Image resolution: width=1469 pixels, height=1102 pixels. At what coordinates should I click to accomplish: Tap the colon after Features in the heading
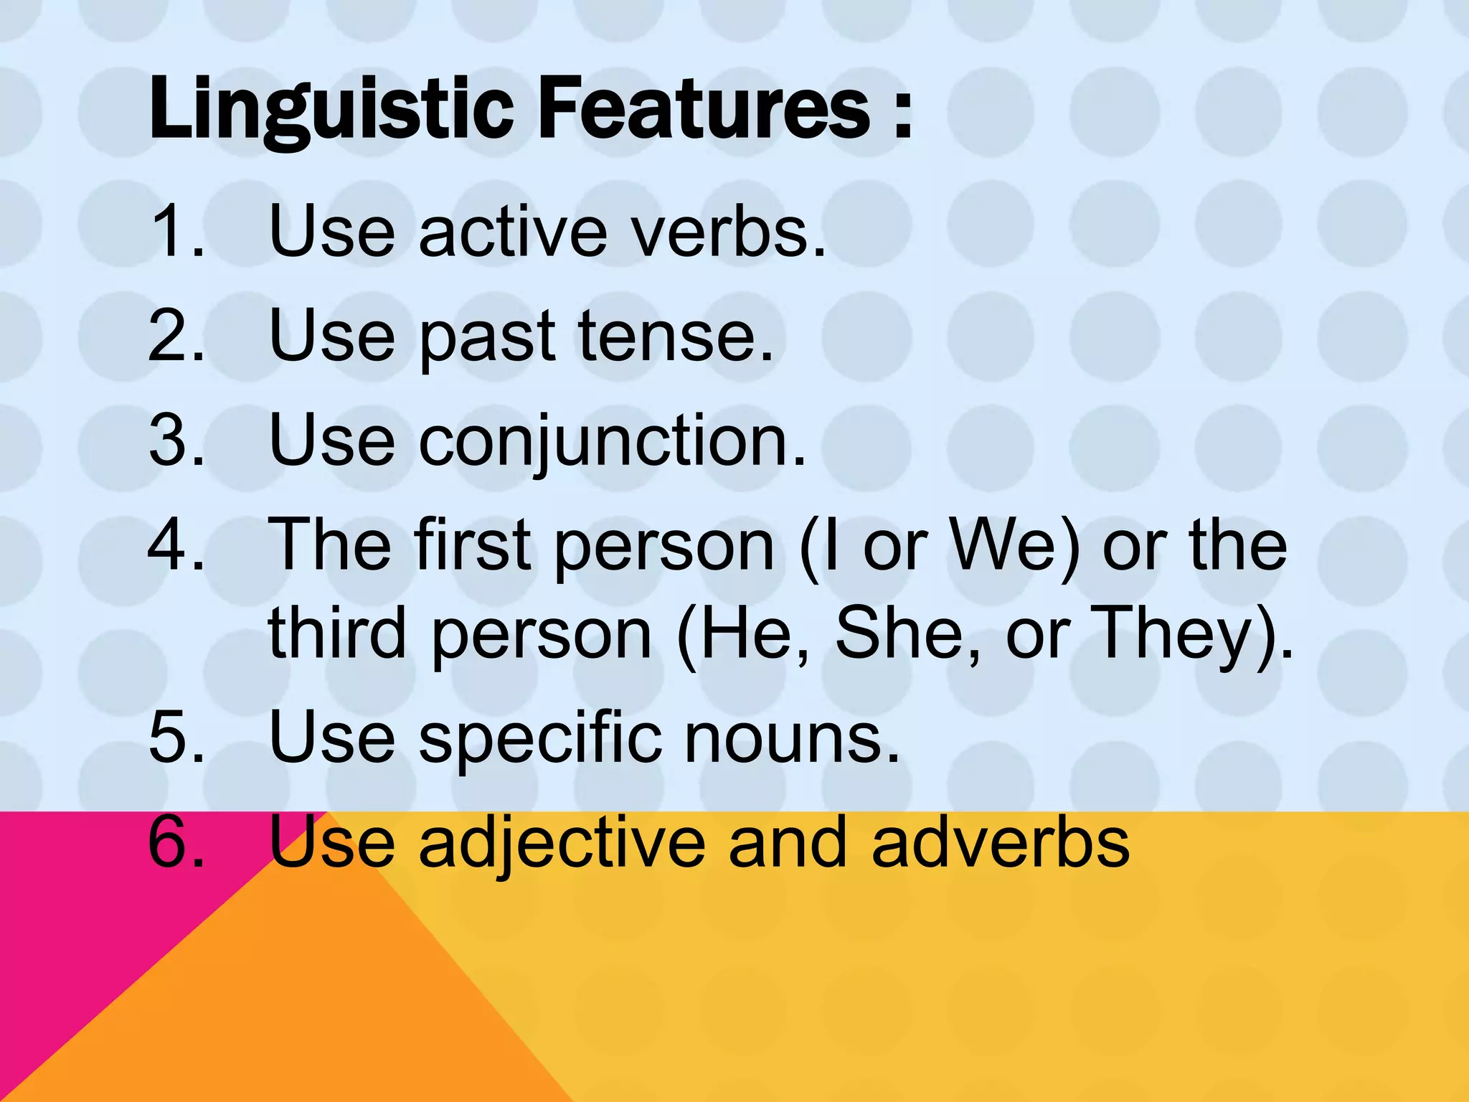[903, 115]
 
